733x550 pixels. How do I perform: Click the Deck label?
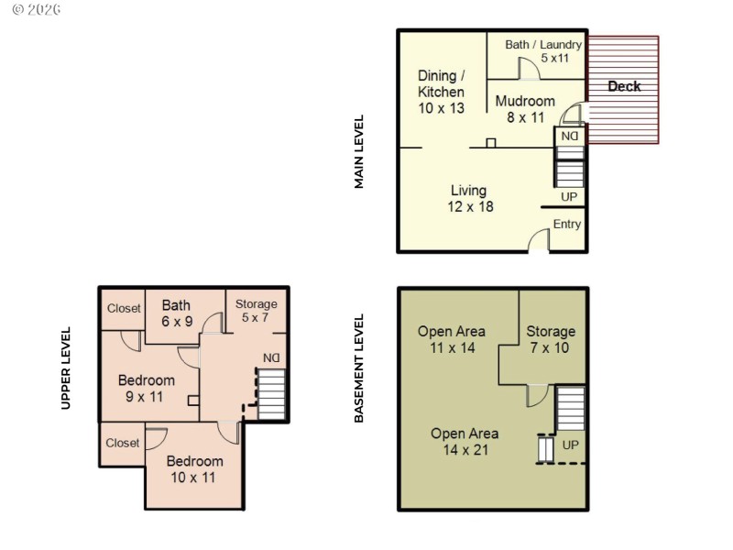click(x=624, y=86)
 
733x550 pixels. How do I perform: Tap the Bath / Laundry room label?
click(x=542, y=51)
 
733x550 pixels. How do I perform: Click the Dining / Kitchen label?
click(x=441, y=92)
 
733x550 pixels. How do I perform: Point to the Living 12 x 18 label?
click(x=471, y=198)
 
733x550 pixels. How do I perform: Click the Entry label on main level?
click(x=566, y=224)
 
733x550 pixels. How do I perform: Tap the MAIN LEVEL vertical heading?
click(x=359, y=151)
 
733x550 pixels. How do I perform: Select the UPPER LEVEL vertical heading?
click(x=66, y=368)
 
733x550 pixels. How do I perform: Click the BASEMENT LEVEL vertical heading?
click(x=359, y=368)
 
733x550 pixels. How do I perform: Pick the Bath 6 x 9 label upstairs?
click(x=176, y=313)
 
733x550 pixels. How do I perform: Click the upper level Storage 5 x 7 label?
click(x=257, y=311)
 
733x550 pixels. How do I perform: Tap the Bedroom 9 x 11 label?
click(x=147, y=388)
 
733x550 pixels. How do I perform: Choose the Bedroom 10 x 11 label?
click(x=194, y=468)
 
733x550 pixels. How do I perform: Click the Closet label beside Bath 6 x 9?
click(x=123, y=309)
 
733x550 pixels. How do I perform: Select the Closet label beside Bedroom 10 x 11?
click(x=122, y=443)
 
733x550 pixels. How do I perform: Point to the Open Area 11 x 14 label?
click(x=451, y=339)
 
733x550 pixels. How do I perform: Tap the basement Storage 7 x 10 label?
click(x=551, y=339)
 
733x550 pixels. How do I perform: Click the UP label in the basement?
click(x=571, y=445)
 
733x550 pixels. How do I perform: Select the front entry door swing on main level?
click(x=539, y=239)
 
